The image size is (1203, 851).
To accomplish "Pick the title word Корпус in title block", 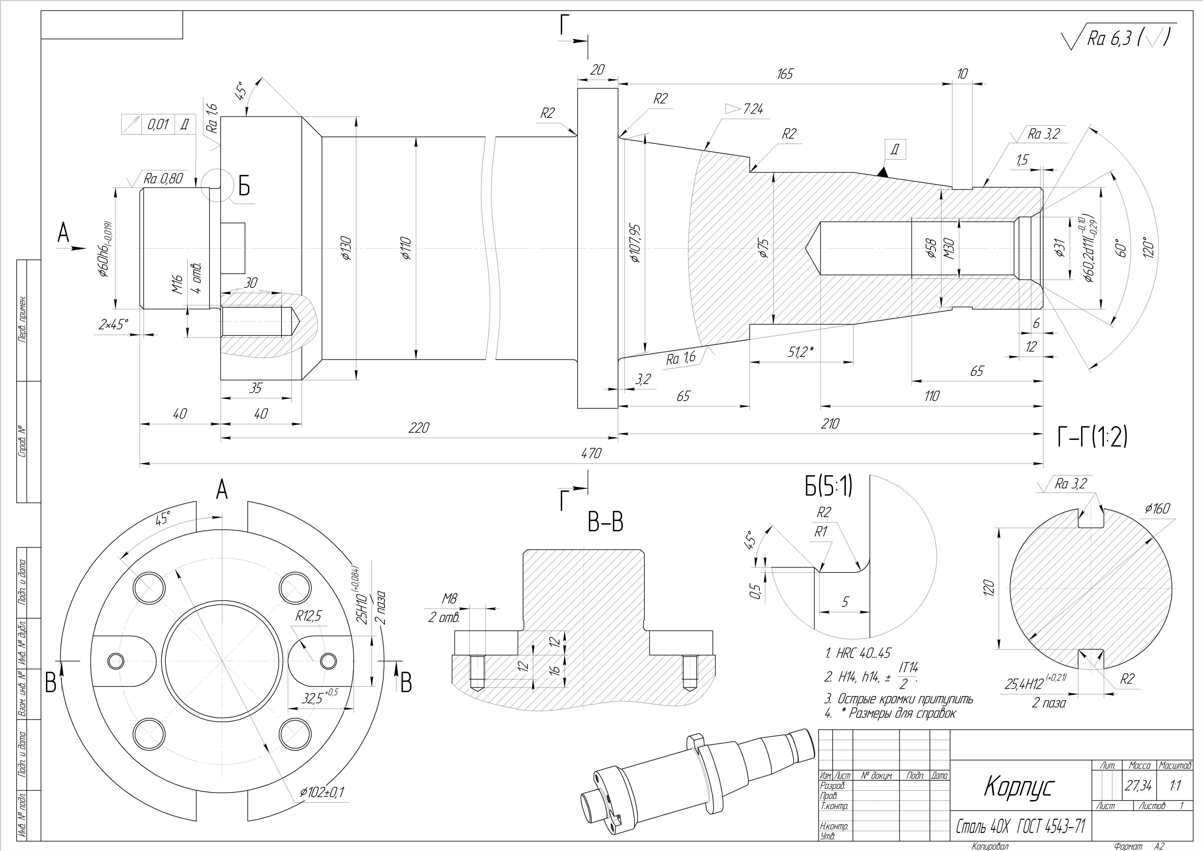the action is coord(1018,786).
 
